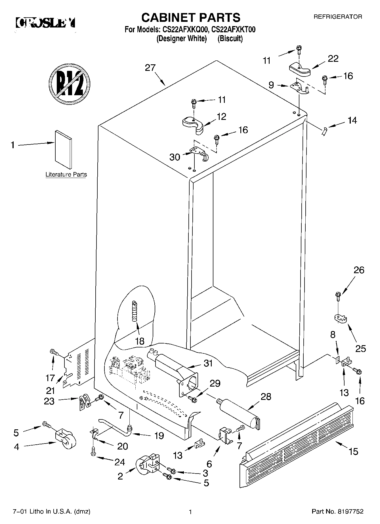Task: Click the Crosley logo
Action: tap(46, 23)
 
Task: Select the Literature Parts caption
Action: tap(66, 175)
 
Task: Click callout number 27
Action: tap(150, 68)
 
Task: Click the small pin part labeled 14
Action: tap(325, 131)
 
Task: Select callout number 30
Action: tap(175, 157)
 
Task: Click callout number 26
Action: tap(359, 270)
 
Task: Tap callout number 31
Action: tap(208, 363)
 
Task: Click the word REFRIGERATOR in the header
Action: tap(337, 17)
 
